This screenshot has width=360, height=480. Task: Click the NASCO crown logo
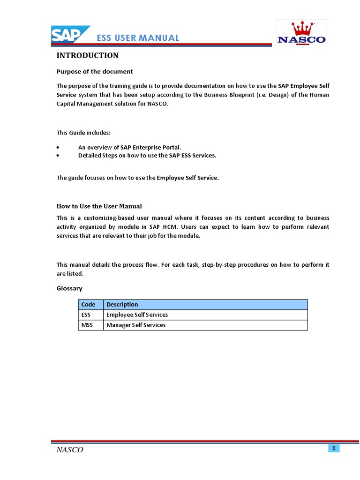(301, 33)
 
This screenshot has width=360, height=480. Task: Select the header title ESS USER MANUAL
(138, 38)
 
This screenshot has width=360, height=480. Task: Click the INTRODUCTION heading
(88, 56)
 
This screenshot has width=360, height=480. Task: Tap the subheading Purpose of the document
(95, 72)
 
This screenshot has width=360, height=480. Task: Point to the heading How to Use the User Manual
(99, 206)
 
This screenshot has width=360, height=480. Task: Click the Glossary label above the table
(69, 289)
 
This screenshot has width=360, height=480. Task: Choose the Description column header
(122, 305)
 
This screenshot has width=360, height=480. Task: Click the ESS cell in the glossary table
(86, 315)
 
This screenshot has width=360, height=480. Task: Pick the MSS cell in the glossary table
(87, 325)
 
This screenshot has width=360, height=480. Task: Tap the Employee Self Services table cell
(137, 315)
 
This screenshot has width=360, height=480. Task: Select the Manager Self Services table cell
(136, 325)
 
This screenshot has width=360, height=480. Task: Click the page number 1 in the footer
(334, 449)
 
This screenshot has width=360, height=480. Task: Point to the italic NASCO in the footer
(70, 450)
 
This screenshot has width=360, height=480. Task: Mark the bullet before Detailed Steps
(58, 156)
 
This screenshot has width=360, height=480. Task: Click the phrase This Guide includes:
(83, 133)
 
